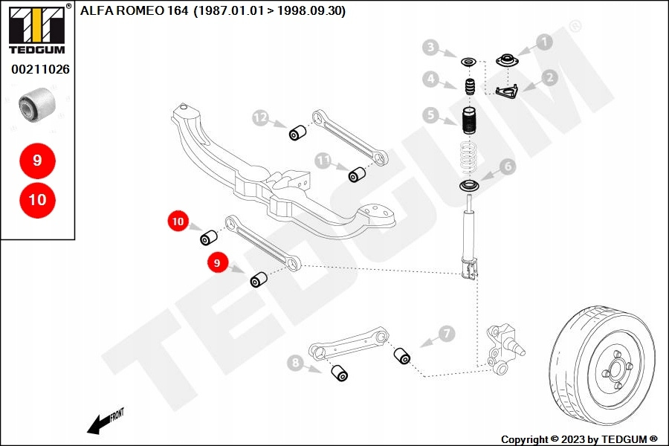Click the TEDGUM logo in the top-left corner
(36, 29)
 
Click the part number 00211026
(40, 69)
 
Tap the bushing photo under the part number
(37, 104)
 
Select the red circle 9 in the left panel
(38, 161)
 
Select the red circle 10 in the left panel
(38, 200)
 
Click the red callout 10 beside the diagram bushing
(178, 221)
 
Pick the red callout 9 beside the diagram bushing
(218, 262)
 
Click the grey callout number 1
(544, 42)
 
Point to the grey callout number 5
(430, 114)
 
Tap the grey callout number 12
(261, 117)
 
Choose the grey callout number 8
(295, 363)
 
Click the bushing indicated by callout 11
(357, 174)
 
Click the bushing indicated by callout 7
(401, 356)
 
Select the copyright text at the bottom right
(579, 439)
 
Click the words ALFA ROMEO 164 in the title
(134, 10)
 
